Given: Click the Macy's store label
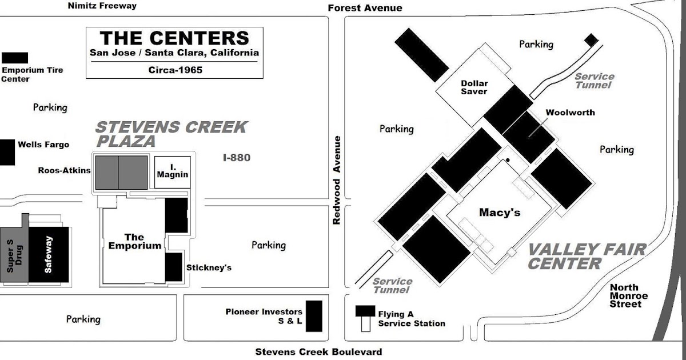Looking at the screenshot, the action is [x=500, y=213].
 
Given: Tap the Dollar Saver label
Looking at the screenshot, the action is [x=474, y=87].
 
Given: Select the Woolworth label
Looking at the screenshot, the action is [x=571, y=113].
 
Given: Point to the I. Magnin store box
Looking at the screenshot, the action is [x=173, y=172].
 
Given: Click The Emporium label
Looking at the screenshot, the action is [x=134, y=242].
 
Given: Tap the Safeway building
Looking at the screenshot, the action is [x=49, y=254].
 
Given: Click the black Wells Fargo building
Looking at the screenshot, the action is [x=7, y=153].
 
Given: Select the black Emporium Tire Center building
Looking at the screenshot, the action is [x=15, y=58].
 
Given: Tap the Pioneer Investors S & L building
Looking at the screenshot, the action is [x=314, y=316].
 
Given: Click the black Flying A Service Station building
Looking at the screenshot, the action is [x=365, y=311].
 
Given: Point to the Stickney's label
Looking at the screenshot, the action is [x=209, y=268].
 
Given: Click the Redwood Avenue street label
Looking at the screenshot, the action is [x=337, y=181].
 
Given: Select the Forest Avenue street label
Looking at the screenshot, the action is [x=365, y=8].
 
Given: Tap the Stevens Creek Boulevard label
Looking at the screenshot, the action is [x=318, y=352].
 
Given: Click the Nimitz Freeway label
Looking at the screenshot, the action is [x=102, y=6].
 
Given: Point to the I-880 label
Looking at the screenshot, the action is [x=237, y=158].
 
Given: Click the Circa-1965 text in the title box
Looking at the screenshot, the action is [x=176, y=70].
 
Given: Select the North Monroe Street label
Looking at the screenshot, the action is [x=628, y=296].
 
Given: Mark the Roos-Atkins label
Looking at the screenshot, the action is [x=64, y=170].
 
